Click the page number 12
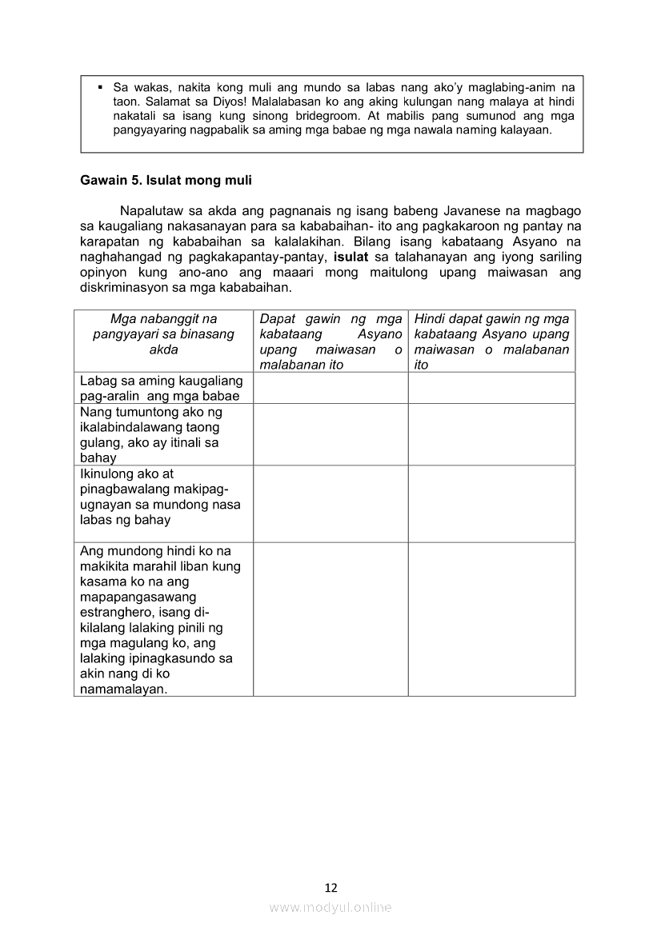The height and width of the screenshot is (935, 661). pos(330,887)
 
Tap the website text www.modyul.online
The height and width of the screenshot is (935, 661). pos(330,907)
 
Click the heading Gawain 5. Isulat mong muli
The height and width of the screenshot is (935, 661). pos(166,181)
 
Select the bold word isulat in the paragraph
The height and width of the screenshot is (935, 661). pos(351,257)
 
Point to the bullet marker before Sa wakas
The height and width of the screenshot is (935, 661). pos(101,86)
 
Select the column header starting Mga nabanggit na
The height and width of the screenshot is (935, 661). pos(163,334)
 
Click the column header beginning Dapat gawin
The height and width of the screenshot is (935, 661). pos(330,342)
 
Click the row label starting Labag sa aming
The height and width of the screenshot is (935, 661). pos(161,389)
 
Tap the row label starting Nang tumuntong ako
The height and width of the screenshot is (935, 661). pos(150,434)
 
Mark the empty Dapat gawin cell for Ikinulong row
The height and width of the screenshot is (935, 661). pos(330,504)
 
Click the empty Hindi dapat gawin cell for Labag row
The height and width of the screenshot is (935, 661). pos(491,388)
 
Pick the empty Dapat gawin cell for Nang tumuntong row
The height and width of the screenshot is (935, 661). pos(330,434)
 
